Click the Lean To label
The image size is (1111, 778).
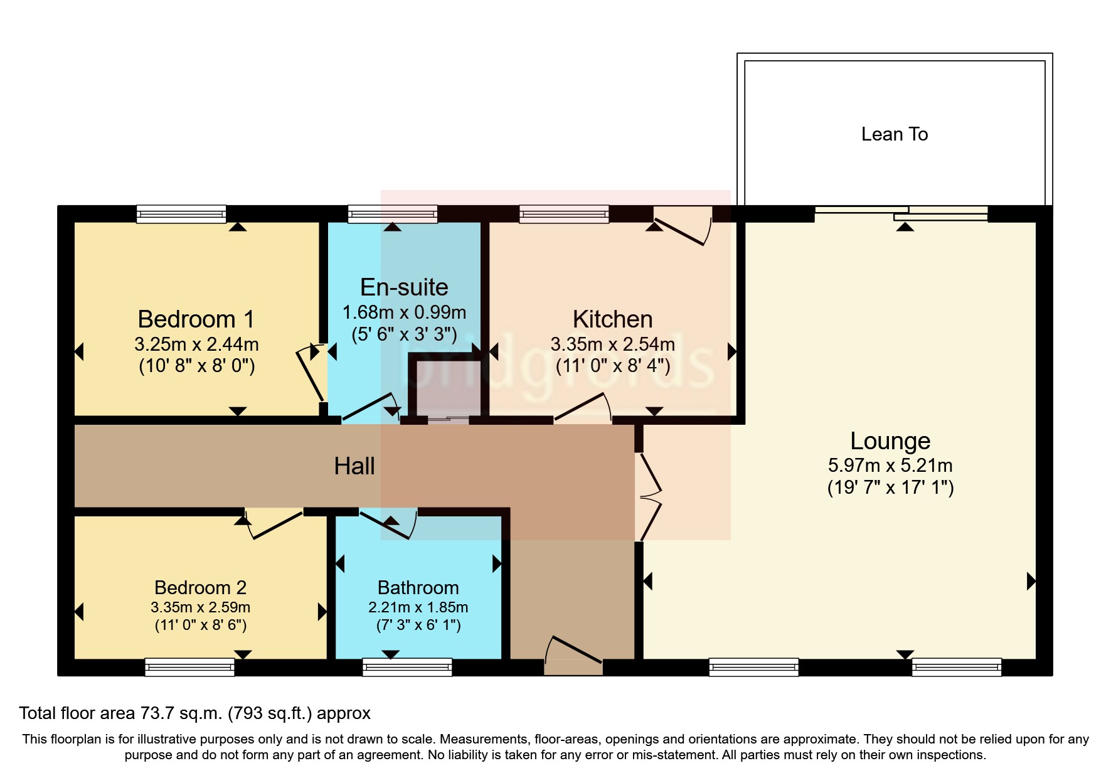[894, 134]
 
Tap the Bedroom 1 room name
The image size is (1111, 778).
[196, 319]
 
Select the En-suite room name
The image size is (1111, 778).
[404, 287]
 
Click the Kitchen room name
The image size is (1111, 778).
[612, 319]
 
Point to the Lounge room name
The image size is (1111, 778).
[890, 441]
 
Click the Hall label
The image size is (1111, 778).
[354, 466]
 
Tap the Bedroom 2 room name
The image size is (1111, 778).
[200, 588]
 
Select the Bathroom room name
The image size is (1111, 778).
[418, 588]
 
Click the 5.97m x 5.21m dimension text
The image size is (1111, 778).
[890, 466]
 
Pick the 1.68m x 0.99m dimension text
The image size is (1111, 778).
[404, 312]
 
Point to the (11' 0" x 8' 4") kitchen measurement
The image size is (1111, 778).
[613, 365]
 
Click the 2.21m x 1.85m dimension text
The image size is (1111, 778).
[418, 607]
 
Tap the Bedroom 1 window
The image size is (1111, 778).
[181, 214]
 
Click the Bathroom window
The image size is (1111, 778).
[407, 667]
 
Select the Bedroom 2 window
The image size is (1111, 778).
[189, 667]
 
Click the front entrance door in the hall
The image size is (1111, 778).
[573, 656]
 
